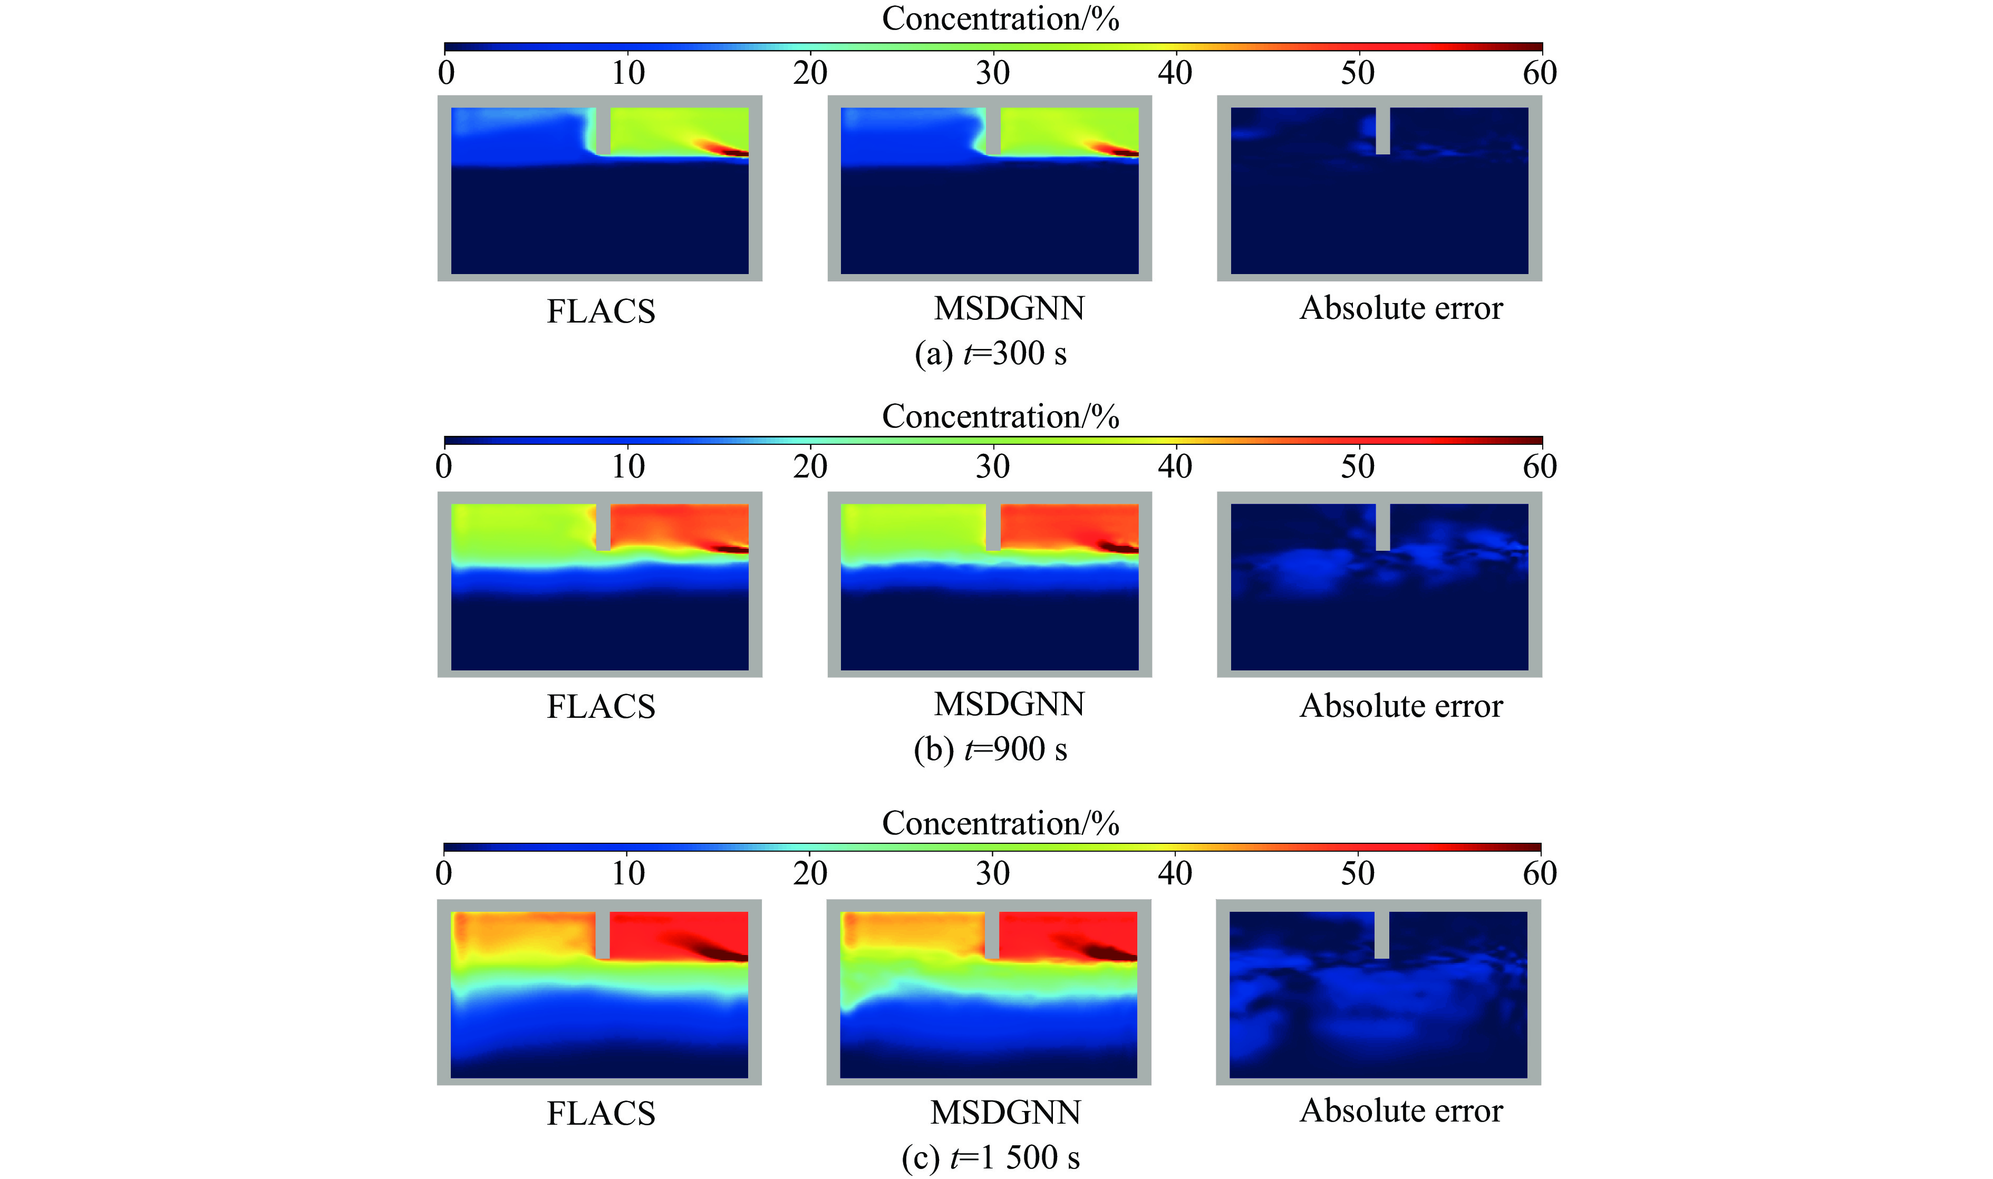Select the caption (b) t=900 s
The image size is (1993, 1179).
(x=990, y=749)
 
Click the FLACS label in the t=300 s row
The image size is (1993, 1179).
(x=601, y=310)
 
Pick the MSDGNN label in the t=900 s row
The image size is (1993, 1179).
(x=1009, y=705)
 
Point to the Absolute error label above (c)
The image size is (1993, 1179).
(x=1401, y=1110)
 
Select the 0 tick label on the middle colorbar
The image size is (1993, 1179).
(x=444, y=466)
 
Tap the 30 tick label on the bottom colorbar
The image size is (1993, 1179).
(x=992, y=873)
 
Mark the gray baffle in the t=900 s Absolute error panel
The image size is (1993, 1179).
(x=1382, y=527)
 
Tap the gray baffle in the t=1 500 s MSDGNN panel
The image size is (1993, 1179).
(x=992, y=935)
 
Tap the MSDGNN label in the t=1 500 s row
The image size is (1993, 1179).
(x=1005, y=1112)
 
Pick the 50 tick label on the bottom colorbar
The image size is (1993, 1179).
(x=1357, y=873)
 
